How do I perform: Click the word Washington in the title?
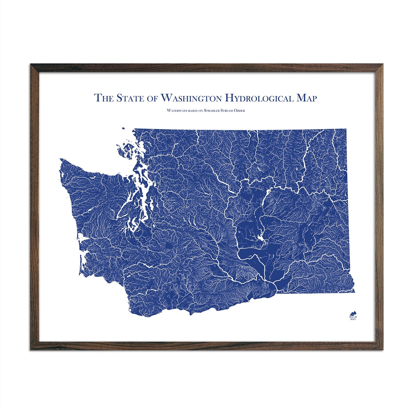coord(191,98)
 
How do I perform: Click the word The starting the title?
coord(104,98)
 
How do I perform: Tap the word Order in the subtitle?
coord(239,111)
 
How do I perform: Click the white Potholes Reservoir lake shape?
coord(260,238)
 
